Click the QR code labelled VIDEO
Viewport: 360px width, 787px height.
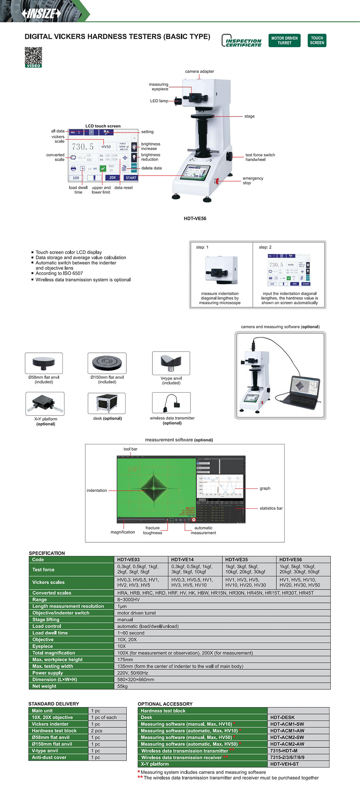point(33,57)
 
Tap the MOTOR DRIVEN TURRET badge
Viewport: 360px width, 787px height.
point(284,40)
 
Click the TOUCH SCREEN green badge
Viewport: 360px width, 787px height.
point(317,40)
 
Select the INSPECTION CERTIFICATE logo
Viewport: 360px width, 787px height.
point(242,41)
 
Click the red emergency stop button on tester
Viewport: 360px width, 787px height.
point(217,181)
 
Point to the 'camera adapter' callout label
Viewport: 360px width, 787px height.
point(199,72)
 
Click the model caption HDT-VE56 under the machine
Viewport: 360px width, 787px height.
point(195,218)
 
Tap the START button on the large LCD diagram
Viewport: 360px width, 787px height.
point(131,178)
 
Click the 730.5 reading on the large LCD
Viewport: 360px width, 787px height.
point(83,147)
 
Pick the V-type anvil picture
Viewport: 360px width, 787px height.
point(171,363)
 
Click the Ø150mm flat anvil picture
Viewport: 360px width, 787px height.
point(107,363)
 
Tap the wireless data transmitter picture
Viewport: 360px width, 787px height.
point(171,403)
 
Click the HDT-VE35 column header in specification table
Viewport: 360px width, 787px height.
point(236,559)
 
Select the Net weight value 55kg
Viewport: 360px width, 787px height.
point(122,686)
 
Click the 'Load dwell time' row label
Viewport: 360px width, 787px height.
point(50,633)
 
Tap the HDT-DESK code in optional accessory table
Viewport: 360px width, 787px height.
point(282,717)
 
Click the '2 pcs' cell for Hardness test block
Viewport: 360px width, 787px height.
point(96,731)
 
